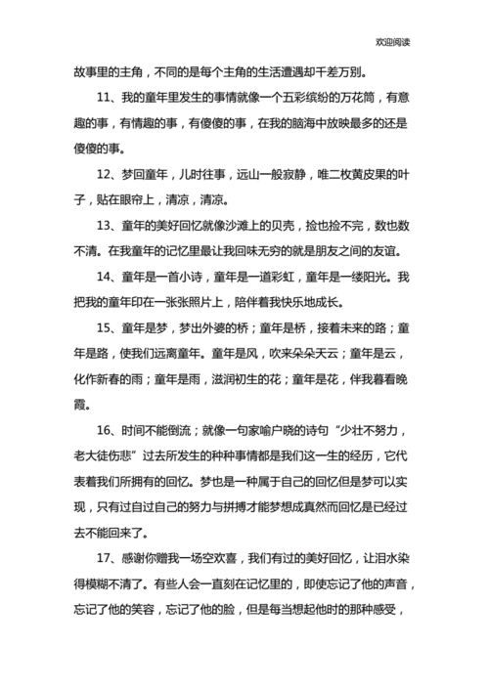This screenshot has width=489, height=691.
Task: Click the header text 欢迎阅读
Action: click(393, 42)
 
